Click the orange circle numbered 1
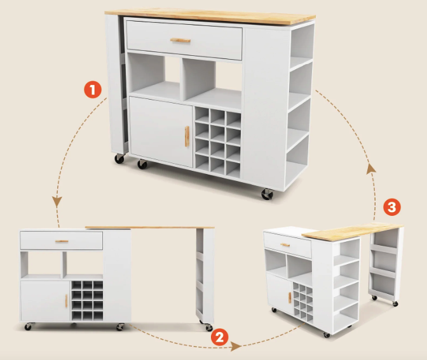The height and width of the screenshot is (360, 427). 93,90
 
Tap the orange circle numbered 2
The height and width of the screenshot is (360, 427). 220,337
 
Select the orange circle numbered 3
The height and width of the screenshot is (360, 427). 392,208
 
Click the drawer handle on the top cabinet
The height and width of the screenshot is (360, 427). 180,41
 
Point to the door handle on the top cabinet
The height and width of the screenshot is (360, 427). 187,137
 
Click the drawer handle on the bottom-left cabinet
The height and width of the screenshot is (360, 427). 62,241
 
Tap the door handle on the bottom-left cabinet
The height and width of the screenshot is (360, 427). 66,301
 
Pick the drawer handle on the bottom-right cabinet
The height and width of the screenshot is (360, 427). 285,244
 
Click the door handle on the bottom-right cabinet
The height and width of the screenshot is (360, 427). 290,298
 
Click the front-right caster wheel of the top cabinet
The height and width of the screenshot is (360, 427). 267,194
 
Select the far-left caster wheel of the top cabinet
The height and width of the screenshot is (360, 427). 119,158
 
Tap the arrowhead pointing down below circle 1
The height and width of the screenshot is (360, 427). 57,202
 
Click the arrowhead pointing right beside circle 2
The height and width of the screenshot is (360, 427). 236,346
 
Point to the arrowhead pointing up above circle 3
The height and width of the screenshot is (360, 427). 371,169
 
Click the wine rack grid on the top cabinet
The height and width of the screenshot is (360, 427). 217,143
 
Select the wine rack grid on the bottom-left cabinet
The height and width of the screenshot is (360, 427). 87,301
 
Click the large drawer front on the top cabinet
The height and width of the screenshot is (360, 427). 184,40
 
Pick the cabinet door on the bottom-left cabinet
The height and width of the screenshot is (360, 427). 46,301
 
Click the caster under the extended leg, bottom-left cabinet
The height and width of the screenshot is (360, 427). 208,326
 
